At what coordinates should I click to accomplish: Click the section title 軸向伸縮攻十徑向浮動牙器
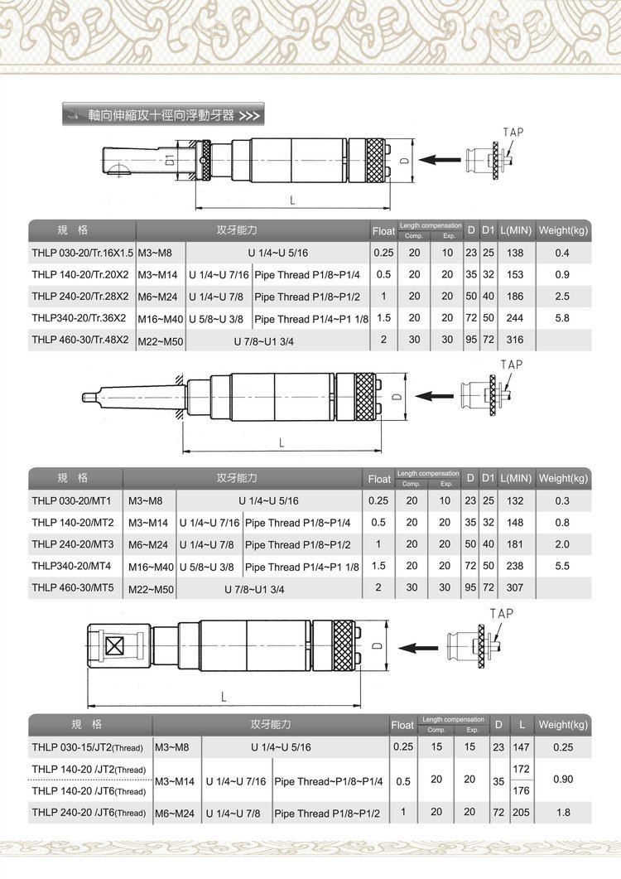tap(154, 114)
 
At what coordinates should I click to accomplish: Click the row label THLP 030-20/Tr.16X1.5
tap(82, 252)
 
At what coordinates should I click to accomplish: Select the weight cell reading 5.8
tap(562, 318)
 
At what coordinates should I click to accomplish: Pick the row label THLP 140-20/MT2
tap(72, 523)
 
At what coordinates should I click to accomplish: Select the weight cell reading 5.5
tap(562, 567)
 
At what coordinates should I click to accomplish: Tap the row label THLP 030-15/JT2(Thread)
tap(89, 747)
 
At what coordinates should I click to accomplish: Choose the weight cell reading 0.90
tap(562, 780)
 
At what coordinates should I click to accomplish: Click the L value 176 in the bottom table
tap(521, 791)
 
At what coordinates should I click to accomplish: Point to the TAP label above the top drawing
tap(513, 132)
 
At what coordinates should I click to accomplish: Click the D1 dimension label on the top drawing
tap(168, 159)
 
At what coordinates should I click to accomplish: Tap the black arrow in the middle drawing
tap(432, 396)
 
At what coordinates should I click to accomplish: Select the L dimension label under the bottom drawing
tap(224, 697)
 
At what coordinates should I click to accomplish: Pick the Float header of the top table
tap(383, 230)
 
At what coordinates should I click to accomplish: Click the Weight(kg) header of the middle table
tap(563, 478)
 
